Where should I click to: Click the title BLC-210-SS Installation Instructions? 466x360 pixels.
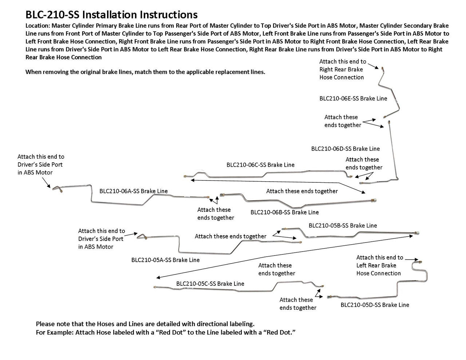tap(111, 15)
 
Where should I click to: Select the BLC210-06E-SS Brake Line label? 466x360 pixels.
tap(353, 98)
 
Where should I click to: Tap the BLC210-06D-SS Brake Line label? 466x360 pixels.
tap(345, 149)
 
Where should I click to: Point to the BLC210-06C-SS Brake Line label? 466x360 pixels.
tap(260, 165)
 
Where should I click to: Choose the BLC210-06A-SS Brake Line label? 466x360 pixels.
tap(134, 191)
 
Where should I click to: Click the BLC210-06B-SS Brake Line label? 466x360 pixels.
tap(284, 212)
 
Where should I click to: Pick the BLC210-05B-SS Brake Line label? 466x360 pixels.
tap(343, 225)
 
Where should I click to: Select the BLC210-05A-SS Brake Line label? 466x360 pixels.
tap(165, 260)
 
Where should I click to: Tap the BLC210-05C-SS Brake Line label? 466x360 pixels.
tap(210, 284)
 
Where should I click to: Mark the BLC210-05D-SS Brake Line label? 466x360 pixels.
tap(375, 305)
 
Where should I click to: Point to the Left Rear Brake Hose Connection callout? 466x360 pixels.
tap(379, 265)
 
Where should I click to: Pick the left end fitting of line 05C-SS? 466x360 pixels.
tap(155, 287)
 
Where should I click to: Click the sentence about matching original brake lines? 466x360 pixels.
tap(145, 72)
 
